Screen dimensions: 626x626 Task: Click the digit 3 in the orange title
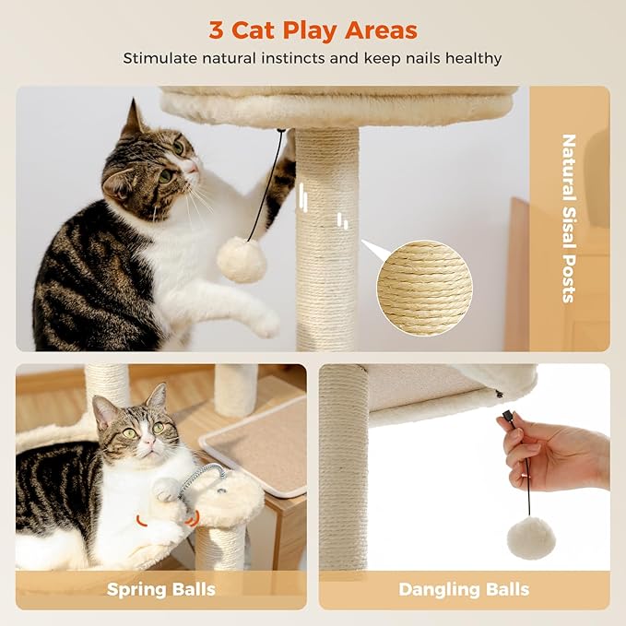(216, 30)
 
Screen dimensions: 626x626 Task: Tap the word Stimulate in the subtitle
(162, 58)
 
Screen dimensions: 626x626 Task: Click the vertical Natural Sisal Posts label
(568, 219)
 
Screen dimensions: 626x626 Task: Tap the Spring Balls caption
(160, 589)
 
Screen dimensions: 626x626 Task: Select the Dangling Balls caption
(464, 589)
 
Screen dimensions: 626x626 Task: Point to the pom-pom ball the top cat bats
(242, 260)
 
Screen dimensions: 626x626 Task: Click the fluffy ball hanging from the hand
(532, 537)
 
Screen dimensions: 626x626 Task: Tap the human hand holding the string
(553, 447)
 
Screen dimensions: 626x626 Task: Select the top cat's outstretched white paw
(263, 322)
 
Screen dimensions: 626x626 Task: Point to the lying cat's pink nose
(145, 444)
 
